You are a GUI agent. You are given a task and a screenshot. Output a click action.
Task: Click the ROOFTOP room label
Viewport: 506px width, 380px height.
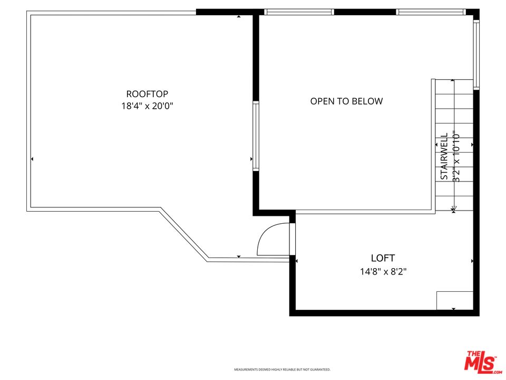(147, 94)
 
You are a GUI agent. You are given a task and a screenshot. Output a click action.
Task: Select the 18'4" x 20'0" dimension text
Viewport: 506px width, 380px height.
(147, 106)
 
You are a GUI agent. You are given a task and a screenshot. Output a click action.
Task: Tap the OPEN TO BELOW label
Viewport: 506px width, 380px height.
(346, 101)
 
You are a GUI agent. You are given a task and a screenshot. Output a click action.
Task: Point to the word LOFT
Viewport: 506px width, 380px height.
(383, 258)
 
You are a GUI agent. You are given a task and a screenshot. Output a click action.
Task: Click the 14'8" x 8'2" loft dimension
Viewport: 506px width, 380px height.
(383, 272)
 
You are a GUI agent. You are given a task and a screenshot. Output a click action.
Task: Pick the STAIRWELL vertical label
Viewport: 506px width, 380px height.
(444, 156)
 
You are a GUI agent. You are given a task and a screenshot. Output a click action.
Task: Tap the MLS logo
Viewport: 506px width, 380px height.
(481, 362)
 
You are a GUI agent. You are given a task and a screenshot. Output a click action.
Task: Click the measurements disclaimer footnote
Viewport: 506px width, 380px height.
(282, 369)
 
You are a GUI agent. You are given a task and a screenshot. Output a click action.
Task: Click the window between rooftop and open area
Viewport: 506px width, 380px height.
(256, 136)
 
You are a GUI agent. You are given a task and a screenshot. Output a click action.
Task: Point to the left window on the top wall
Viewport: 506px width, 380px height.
(299, 12)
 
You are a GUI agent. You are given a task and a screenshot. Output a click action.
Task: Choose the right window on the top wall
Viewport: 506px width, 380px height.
(431, 12)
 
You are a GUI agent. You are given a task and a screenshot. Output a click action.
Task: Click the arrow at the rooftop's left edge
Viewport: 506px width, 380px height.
(32, 159)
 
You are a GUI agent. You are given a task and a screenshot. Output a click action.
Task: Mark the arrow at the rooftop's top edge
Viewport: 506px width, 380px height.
(239, 16)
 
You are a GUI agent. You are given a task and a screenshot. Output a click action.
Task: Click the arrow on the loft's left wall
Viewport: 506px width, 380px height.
(297, 261)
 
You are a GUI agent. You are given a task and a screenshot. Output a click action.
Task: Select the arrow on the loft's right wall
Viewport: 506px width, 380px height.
(472, 261)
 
